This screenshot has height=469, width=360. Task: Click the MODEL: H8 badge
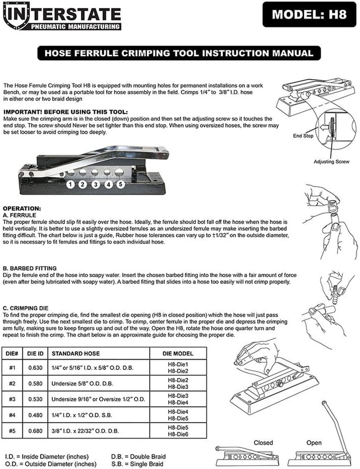309,15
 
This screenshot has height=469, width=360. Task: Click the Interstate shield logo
16,15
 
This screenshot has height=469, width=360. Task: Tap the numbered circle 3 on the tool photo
96,184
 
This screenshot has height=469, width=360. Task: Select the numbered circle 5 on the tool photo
120,184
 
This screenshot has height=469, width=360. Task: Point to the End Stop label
303,136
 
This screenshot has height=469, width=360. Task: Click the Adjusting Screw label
331,161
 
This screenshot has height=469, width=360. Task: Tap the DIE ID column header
35,354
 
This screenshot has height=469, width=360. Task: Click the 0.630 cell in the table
35,368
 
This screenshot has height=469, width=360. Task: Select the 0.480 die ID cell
35,415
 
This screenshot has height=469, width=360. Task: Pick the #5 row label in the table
12,431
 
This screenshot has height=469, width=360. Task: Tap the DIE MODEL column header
178,354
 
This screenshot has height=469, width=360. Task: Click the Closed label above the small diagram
263,443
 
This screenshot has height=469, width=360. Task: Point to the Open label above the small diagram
314,443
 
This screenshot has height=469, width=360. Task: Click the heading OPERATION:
22,209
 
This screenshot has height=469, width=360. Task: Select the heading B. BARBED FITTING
30,268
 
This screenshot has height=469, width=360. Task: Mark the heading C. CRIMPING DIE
25,308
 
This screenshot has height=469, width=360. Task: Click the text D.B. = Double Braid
138,457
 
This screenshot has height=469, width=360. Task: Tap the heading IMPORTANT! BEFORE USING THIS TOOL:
66,112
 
